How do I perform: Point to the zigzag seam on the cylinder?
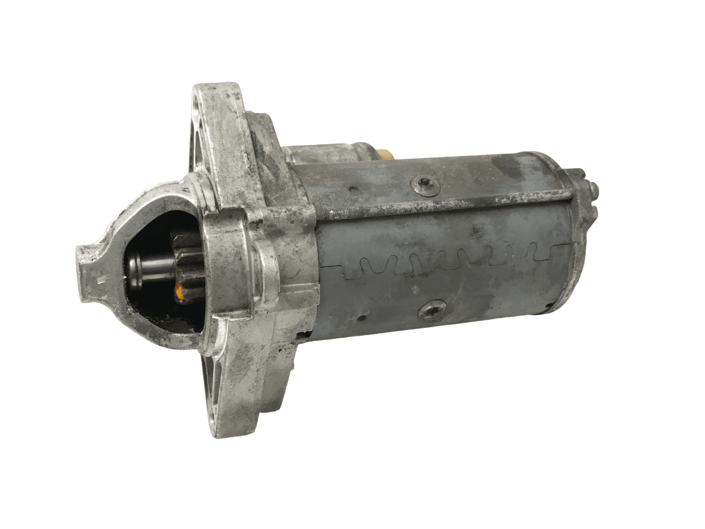coord(441,259)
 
